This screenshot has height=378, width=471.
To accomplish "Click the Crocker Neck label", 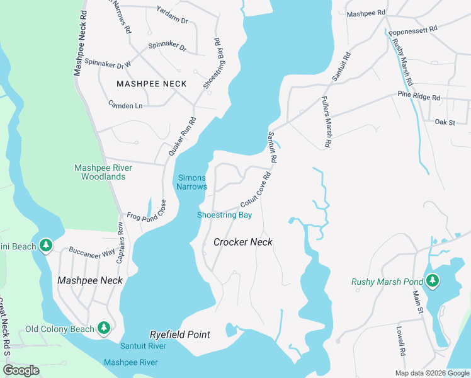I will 242,242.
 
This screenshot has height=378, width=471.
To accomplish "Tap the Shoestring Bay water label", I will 224,215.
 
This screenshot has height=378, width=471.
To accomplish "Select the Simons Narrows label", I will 191,182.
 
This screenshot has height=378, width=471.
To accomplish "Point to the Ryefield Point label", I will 179,335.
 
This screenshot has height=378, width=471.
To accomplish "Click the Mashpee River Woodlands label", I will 99,172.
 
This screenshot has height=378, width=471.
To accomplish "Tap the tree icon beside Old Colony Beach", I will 105,328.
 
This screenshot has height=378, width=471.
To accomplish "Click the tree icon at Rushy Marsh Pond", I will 432,281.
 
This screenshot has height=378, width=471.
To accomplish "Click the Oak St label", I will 445,122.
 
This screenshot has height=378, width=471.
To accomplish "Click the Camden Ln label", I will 125,105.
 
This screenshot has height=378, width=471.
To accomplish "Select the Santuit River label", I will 144,346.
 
